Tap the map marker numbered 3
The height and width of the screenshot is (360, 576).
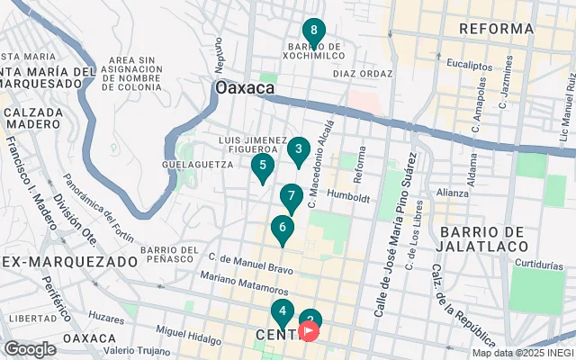coord(299,149)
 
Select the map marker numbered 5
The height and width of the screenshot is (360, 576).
coord(262,166)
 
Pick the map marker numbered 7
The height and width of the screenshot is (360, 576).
coord(291,196)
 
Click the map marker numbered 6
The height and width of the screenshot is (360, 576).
coord(283,229)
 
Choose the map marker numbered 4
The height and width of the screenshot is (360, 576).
coord(283,313)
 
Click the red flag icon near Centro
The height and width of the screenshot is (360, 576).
coord(309,332)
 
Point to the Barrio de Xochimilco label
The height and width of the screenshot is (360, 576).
coord(314,52)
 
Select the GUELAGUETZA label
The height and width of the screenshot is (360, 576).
coord(192,166)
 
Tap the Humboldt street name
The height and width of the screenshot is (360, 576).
coord(349,195)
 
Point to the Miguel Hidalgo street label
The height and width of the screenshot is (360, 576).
coord(188,334)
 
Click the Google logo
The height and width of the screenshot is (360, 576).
coord(30,349)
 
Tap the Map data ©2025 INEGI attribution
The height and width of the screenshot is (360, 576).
coord(522,353)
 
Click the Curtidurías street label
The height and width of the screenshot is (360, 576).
coord(541,264)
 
